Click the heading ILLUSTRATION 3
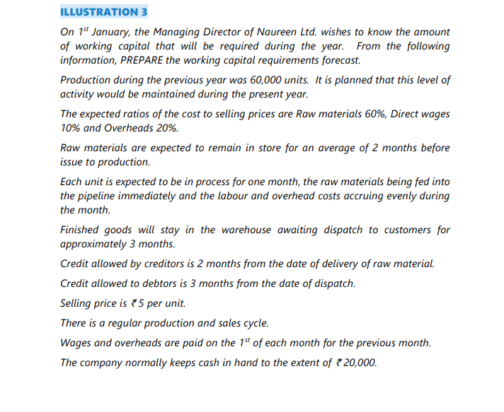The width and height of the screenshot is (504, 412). coord(104,12)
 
